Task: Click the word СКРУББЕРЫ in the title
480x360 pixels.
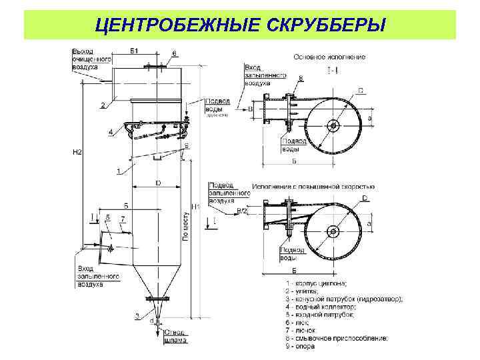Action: [x=327, y=25]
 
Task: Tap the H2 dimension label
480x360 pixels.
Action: [x=77, y=153]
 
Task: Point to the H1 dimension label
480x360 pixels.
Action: [x=195, y=207]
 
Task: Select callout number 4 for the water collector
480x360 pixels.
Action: [x=111, y=133]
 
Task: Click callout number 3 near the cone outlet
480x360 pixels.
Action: [x=137, y=315]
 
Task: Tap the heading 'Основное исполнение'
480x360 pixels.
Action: [x=329, y=57]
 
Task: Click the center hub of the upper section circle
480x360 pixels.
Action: [x=333, y=125]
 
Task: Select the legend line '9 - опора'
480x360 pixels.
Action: [x=298, y=347]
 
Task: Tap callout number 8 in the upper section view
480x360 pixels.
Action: [x=301, y=78]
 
